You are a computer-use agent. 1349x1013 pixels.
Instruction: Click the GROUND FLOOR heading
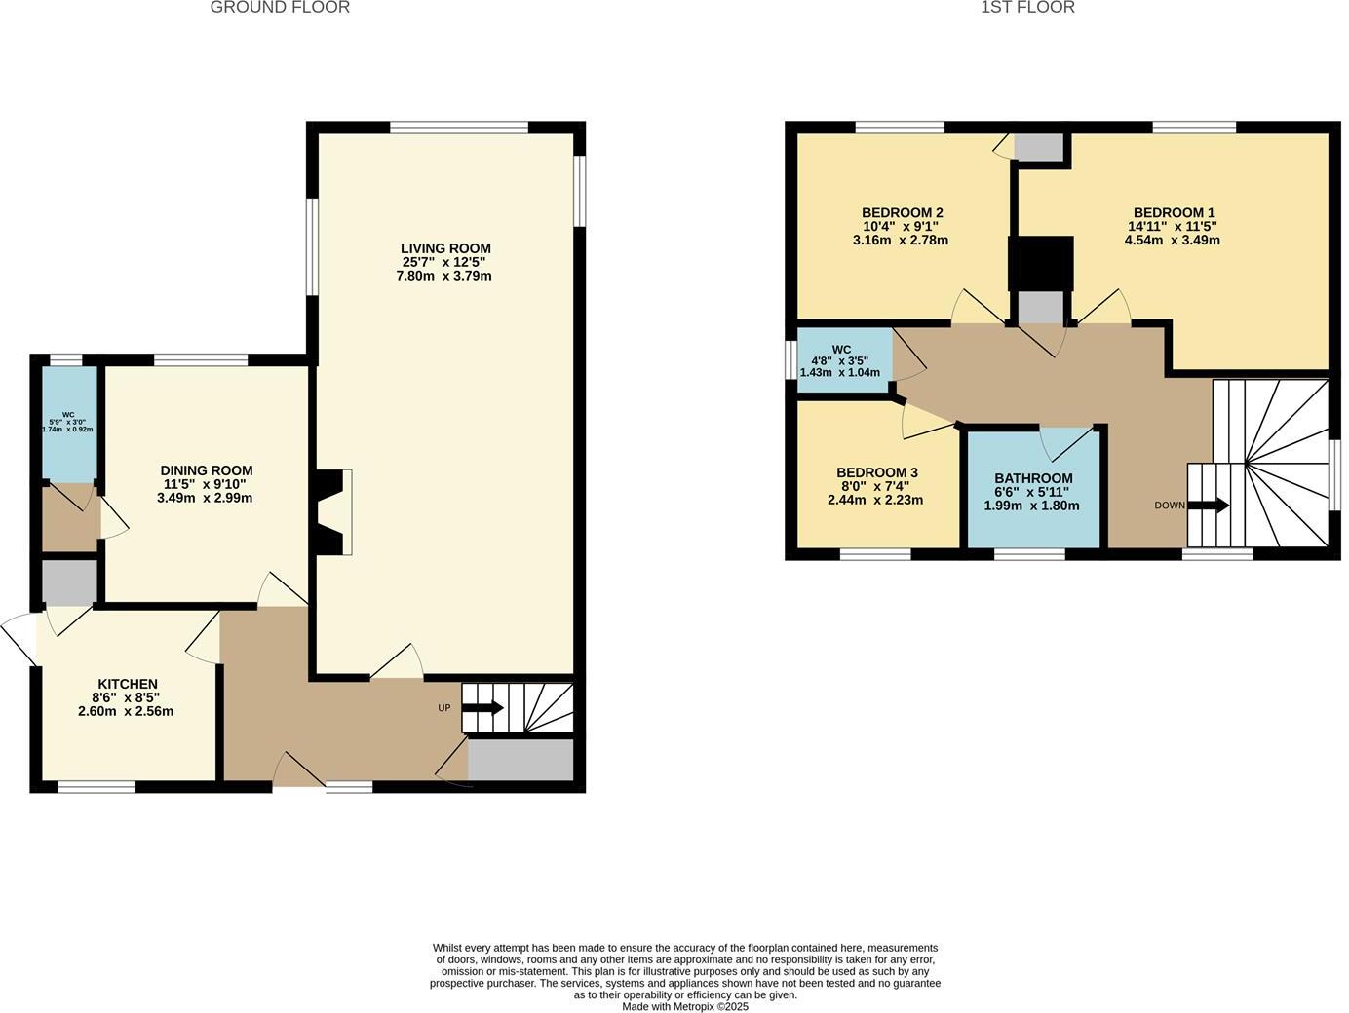pos(280,8)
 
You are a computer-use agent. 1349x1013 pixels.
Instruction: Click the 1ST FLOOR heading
pos(1027,8)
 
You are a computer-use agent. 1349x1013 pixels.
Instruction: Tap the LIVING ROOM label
pos(445,248)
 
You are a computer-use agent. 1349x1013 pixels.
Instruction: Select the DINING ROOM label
pos(207,470)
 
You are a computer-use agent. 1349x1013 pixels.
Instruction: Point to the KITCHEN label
pos(127,684)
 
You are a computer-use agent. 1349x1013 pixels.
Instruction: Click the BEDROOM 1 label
pos(1174,212)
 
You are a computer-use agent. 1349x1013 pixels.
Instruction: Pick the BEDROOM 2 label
pos(902,212)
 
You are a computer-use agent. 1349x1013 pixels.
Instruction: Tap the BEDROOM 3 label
pos(876,472)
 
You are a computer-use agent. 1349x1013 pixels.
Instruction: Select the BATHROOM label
pos(1033,478)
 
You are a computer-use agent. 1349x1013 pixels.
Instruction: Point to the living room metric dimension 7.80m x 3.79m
pos(443,276)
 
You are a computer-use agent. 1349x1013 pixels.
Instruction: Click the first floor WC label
pos(841,349)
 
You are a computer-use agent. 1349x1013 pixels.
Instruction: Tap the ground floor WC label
pos(68,414)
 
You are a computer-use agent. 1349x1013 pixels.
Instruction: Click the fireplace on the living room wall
pos(333,512)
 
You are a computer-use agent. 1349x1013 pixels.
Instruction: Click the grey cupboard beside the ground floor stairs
pos(520,760)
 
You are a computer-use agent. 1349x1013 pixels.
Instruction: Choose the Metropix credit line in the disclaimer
pos(685,1006)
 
